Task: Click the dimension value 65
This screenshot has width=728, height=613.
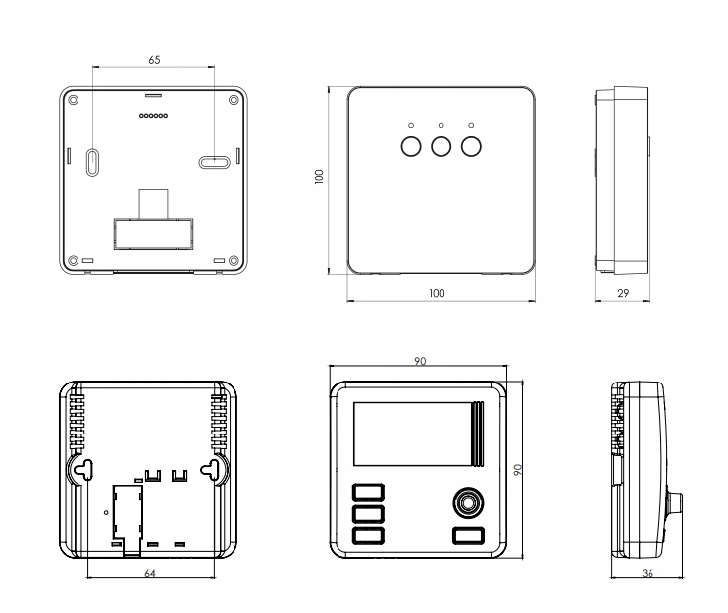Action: coord(154,60)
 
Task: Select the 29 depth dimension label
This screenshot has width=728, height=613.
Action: coord(623,293)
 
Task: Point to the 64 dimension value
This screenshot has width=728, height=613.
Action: coord(150,573)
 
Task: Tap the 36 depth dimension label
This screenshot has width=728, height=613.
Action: coord(648,573)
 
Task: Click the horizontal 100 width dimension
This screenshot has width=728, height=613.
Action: coord(437,293)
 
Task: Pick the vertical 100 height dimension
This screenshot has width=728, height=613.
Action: coord(319,177)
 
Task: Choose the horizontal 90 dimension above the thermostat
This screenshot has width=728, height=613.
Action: coord(420,361)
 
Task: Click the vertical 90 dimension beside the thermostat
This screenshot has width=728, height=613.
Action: coord(518,469)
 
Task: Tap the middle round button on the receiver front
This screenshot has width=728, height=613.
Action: coord(442,147)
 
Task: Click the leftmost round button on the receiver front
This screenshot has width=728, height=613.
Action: coord(411,147)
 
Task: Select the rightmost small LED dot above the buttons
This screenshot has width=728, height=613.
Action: coord(471,125)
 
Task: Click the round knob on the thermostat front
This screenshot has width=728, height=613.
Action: coord(468,502)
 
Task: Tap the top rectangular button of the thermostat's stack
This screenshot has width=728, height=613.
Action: coord(368,492)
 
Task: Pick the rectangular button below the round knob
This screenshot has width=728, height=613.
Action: coord(468,536)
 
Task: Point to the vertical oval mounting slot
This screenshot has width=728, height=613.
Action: coord(93,162)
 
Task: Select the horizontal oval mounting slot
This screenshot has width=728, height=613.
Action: coord(215,162)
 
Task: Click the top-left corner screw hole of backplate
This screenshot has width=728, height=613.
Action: coord(73,100)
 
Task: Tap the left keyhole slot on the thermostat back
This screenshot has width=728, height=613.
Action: coord(83,470)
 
